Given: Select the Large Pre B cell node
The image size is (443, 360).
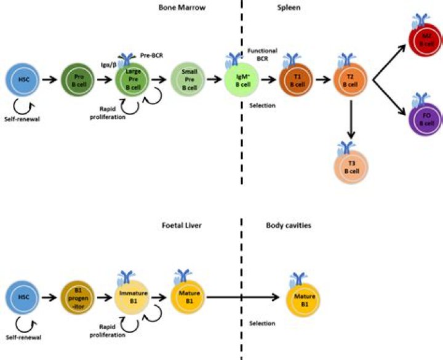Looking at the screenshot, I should pos(131,79).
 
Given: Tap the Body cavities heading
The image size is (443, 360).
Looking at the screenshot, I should pos(288,226).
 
